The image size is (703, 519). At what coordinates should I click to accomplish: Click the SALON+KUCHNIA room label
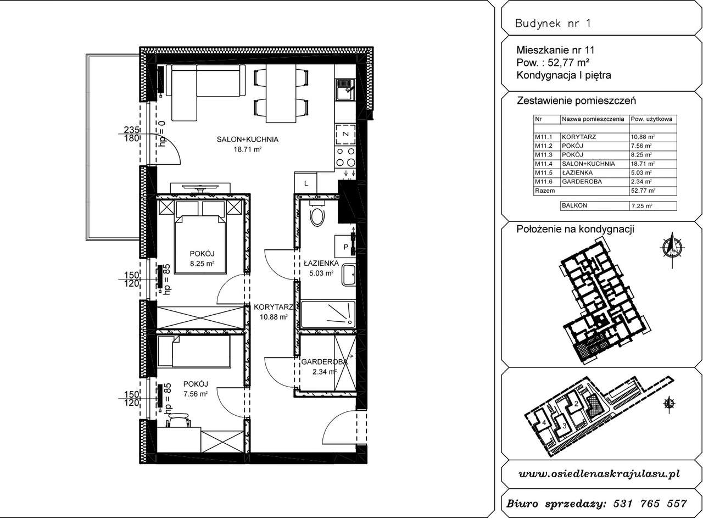coord(247,139)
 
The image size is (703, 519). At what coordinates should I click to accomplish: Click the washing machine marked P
coord(346,247)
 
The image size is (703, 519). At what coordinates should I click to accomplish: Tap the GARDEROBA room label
coord(324,362)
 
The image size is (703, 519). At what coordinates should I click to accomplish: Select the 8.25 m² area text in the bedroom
coord(202,264)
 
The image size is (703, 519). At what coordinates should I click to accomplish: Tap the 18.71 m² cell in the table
coord(641,164)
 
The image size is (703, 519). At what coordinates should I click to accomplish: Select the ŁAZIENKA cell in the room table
coord(576,172)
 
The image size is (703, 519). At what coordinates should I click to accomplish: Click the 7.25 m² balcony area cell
coord(641,205)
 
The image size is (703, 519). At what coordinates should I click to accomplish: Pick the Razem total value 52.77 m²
coord(641,191)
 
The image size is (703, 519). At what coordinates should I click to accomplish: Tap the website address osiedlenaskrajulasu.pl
coord(599,474)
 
